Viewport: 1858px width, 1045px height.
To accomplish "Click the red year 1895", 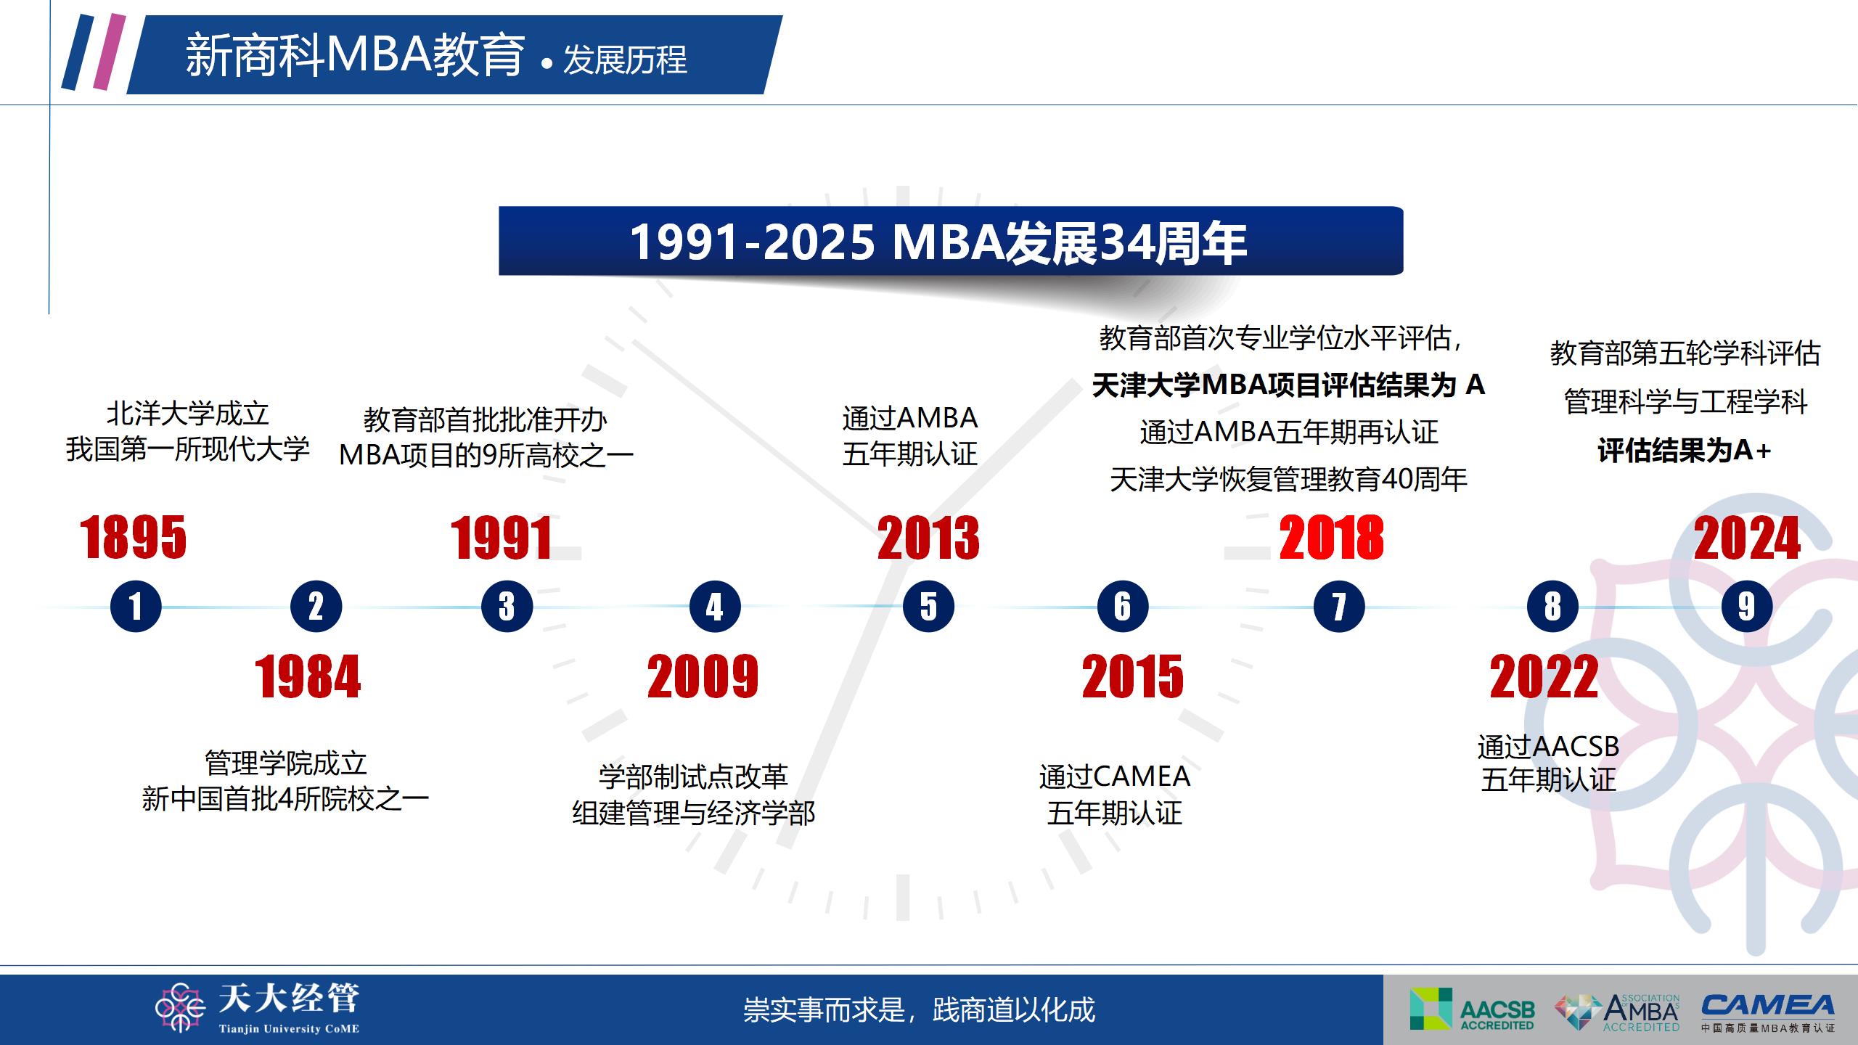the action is pyautogui.click(x=134, y=538).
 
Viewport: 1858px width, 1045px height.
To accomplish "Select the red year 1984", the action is pyautogui.click(x=308, y=677).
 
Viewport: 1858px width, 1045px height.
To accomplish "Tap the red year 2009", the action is pyautogui.click(x=703, y=677).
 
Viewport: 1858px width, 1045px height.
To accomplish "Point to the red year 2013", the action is pyautogui.click(x=928, y=538).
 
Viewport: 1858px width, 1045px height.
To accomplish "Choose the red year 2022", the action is pyautogui.click(x=1544, y=677).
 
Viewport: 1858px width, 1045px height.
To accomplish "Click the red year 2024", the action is pyautogui.click(x=1747, y=538).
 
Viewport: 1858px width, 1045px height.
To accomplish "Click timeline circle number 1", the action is pyautogui.click(x=136, y=607).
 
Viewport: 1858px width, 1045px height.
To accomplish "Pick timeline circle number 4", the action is pyautogui.click(x=715, y=607).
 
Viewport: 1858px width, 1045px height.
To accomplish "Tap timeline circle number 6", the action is pyautogui.click(x=1123, y=607).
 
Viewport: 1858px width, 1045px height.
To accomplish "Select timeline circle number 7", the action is pyautogui.click(x=1339, y=607).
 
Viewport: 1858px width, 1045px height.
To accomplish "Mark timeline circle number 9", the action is pyautogui.click(x=1747, y=607).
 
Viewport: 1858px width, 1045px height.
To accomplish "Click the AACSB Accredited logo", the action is pyautogui.click(x=1472, y=1009).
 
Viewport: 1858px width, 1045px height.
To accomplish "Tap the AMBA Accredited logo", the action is pyautogui.click(x=1618, y=1012).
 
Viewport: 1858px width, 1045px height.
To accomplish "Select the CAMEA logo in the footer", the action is pyautogui.click(x=1768, y=1013).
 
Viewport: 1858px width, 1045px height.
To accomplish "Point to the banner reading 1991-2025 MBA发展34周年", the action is pyautogui.click(x=951, y=241).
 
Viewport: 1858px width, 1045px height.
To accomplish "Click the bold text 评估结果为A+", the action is pyautogui.click(x=1685, y=451).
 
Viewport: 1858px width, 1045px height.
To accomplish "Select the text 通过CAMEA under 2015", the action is pyautogui.click(x=1115, y=776).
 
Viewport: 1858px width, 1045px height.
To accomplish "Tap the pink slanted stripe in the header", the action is pyautogui.click(x=110, y=52).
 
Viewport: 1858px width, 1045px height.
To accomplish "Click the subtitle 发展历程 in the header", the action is pyautogui.click(x=625, y=60).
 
